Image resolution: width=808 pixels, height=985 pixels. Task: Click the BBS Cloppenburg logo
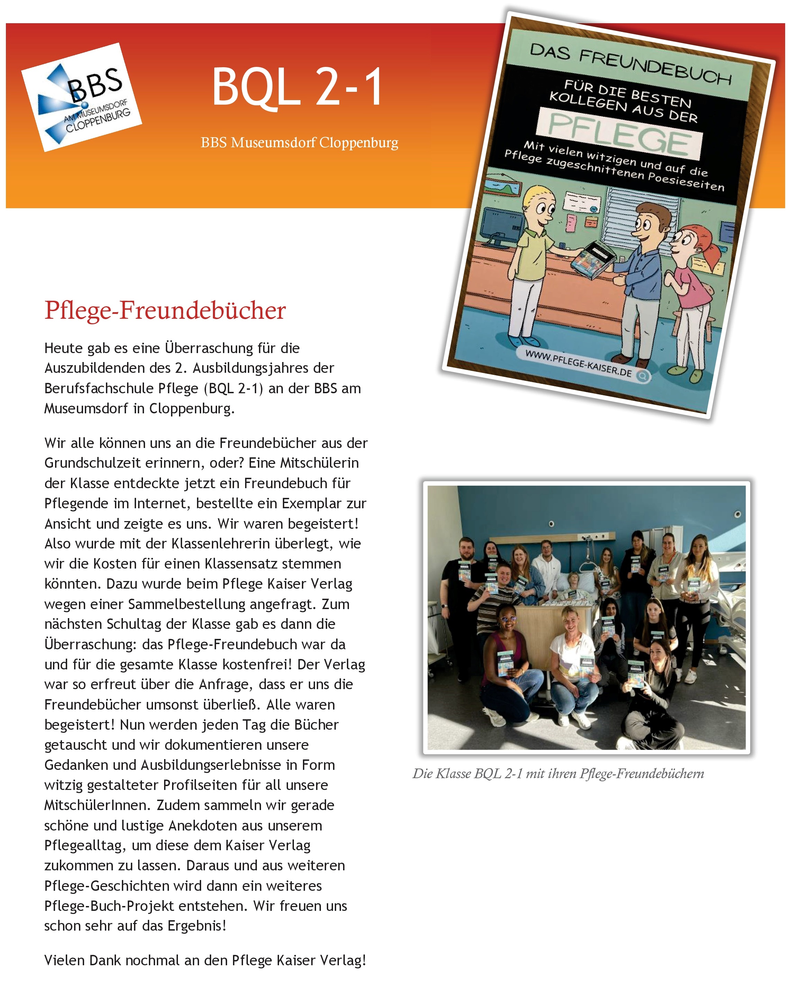tap(81, 97)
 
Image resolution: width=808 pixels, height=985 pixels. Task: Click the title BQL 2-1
tap(297, 87)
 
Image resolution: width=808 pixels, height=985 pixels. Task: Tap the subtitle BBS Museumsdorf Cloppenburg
tap(299, 142)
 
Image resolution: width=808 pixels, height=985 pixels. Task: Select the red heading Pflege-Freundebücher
tap(165, 311)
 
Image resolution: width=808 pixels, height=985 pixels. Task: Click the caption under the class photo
tap(558, 774)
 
